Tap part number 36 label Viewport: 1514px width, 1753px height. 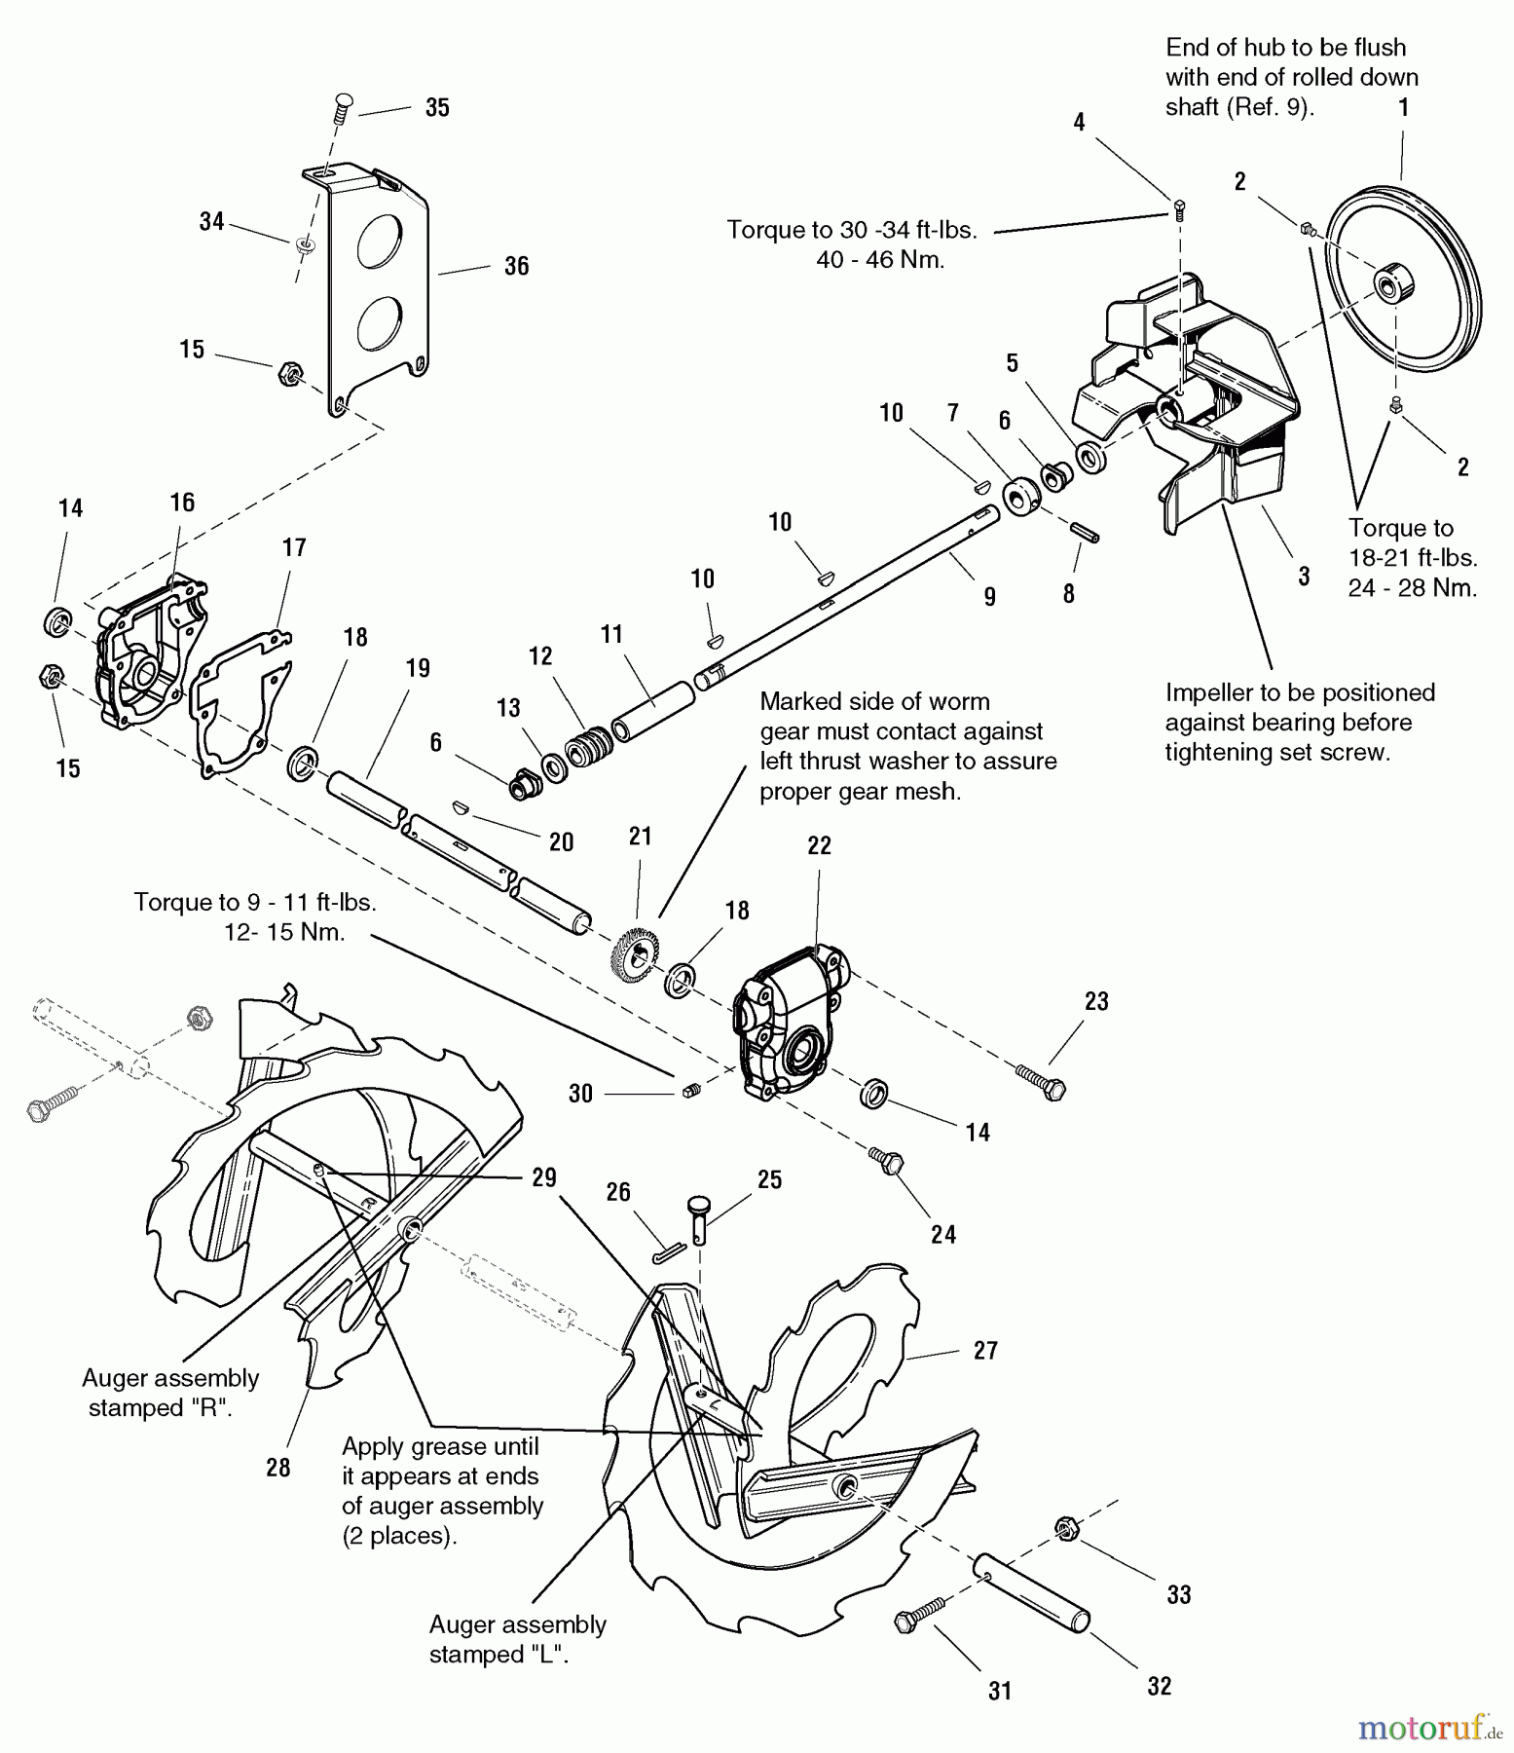pos(516,266)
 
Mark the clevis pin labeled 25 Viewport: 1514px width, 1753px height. pos(701,1218)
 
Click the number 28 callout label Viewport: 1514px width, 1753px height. pos(278,1467)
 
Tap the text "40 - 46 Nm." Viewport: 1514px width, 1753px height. pos(880,260)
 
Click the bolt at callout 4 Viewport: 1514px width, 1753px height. pos(1180,206)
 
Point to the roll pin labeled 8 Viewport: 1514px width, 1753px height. pos(1085,533)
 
